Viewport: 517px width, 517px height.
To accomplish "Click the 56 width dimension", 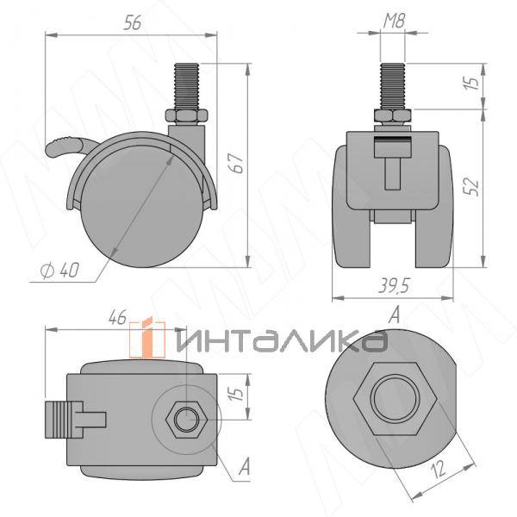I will [x=131, y=24].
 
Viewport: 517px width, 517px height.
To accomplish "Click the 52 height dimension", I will [x=470, y=185].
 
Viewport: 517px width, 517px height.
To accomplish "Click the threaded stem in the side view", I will [x=187, y=85].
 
